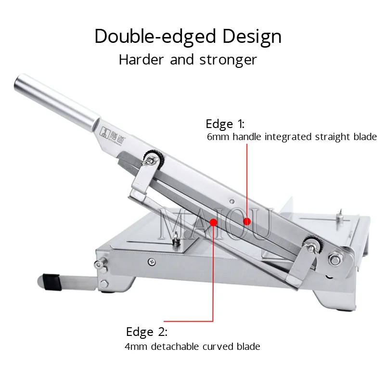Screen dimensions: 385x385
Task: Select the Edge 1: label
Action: (x=225, y=124)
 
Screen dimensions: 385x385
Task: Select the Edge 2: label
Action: (x=146, y=332)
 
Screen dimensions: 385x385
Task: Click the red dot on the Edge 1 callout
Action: (x=247, y=221)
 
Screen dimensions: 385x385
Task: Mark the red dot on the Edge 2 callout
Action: (x=213, y=222)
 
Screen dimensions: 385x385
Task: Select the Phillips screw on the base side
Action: (x=152, y=261)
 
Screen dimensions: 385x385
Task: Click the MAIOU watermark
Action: (x=215, y=224)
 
